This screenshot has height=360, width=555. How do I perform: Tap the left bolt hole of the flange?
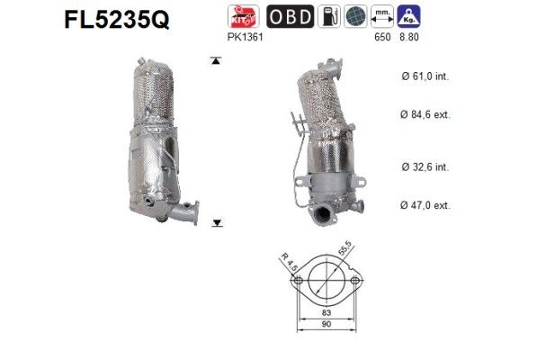click(x=295, y=281)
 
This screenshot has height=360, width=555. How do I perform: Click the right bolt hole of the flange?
click(x=356, y=281)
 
